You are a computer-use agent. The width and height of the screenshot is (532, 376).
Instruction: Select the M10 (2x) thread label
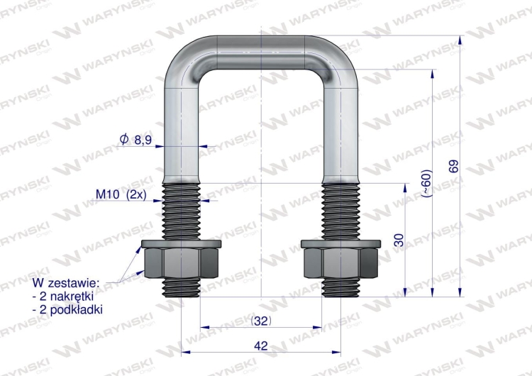click(121, 194)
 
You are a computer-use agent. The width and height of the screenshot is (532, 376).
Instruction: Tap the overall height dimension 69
click(453, 166)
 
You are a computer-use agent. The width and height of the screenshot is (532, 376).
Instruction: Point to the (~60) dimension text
click(426, 183)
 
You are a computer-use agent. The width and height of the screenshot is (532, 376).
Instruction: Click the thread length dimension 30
click(399, 240)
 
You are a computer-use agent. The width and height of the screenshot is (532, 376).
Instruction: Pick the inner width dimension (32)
click(261, 321)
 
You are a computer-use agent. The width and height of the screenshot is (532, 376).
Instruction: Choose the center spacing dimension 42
click(260, 345)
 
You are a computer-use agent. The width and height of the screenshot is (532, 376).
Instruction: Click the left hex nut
click(181, 263)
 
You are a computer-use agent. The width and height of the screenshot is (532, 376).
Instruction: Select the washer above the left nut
click(181, 243)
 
